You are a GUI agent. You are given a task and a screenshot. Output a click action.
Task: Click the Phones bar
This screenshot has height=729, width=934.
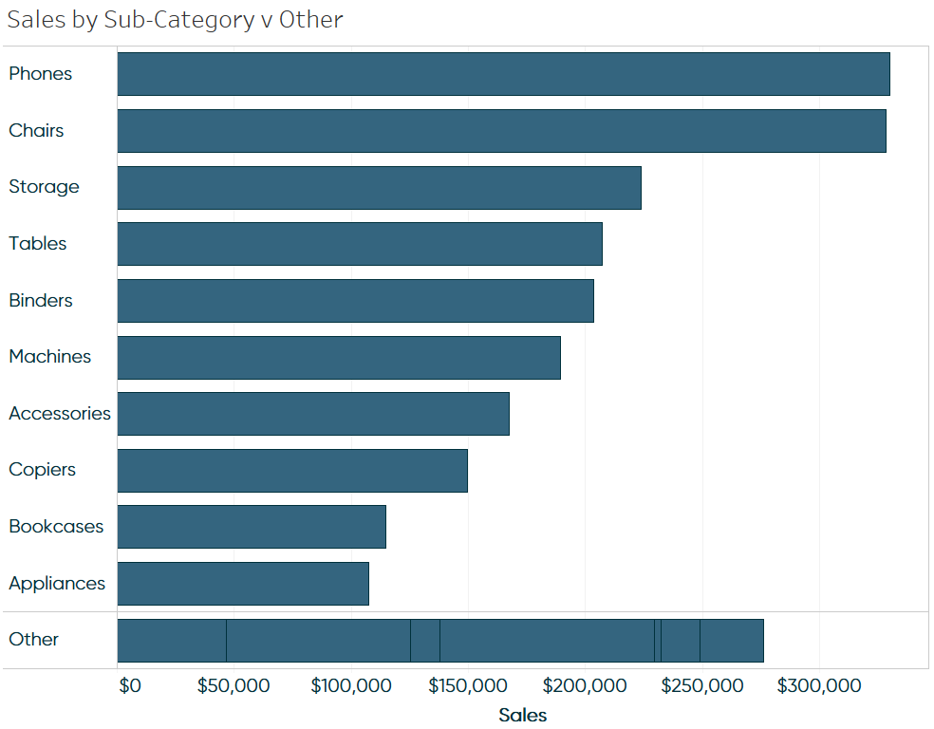coord(503,74)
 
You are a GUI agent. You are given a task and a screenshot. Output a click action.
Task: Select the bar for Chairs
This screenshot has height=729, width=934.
coord(501,131)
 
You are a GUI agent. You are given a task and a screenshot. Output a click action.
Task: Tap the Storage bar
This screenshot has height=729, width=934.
coord(379,188)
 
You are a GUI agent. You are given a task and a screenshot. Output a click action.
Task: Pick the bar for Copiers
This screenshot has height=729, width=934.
coord(292,471)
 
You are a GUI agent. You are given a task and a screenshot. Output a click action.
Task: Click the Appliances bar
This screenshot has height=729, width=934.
coord(243,584)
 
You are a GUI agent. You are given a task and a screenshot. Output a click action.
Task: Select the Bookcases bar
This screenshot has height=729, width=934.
coord(252,527)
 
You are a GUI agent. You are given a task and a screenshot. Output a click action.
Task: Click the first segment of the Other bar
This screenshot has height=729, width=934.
coord(172,641)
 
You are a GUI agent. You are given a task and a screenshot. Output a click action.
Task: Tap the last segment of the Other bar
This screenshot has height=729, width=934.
coord(731,641)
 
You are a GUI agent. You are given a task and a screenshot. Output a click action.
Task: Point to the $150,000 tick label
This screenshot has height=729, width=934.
coord(467,686)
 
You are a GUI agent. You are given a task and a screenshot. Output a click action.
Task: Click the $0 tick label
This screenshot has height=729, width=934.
coord(130,686)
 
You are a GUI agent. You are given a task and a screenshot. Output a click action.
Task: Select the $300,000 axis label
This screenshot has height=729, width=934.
coord(818,686)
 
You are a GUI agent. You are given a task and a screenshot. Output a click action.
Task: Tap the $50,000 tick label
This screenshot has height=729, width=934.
coord(233,686)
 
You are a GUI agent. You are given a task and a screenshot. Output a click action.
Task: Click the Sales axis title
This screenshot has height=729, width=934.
coord(522,716)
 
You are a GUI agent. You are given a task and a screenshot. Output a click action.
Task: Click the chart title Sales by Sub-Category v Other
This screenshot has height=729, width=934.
coord(176,20)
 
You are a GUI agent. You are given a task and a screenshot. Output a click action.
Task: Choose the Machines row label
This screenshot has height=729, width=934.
coord(50,357)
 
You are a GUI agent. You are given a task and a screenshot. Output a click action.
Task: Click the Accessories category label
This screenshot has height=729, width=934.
coord(60,414)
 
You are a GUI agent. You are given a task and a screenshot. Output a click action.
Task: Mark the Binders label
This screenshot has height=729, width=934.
coord(41,301)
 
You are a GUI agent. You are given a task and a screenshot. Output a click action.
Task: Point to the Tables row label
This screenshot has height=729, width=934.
coord(38,244)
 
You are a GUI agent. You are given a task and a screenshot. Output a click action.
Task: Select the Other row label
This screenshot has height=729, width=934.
coord(34,640)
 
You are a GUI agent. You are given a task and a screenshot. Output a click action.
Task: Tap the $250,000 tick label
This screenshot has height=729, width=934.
coord(701,686)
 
